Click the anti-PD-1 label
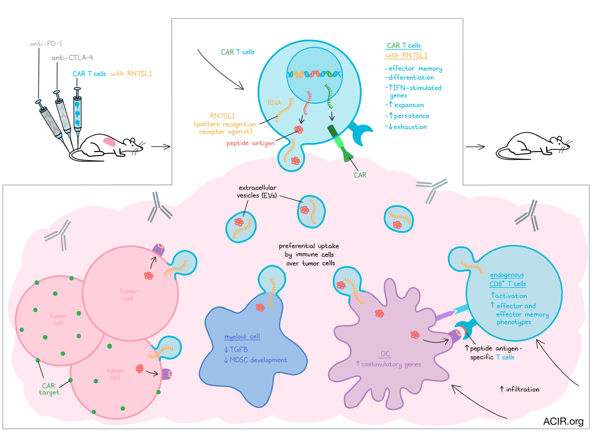tap(46, 43)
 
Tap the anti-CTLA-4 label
tap(72, 57)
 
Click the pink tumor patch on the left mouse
tap(110, 142)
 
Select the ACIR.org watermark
tap(563, 421)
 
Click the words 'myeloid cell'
tap(242, 336)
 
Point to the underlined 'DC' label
tap(385, 353)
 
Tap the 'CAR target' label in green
tap(49, 389)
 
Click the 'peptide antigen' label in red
tap(250, 143)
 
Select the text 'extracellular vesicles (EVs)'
tap(257, 191)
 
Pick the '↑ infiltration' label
tap(519, 389)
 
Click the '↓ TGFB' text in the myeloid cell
tap(236, 350)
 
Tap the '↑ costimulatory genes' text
tap(388, 364)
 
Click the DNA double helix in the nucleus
tap(314, 74)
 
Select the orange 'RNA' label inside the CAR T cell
tap(274, 103)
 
